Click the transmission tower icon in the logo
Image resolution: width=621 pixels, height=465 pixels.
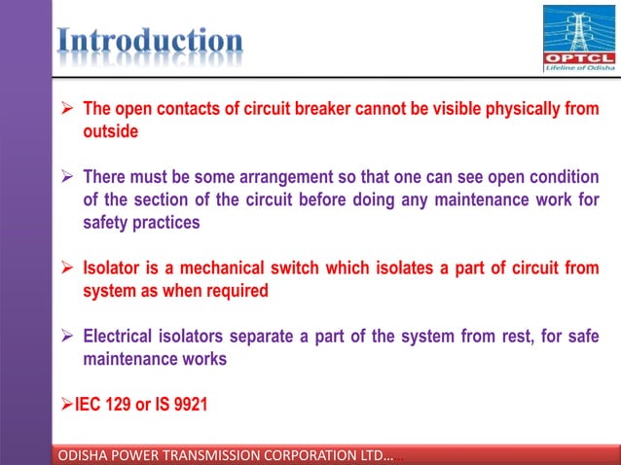tap(579, 26)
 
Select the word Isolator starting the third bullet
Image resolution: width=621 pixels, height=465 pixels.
tap(116, 268)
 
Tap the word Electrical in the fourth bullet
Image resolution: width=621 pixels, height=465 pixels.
tap(123, 337)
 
